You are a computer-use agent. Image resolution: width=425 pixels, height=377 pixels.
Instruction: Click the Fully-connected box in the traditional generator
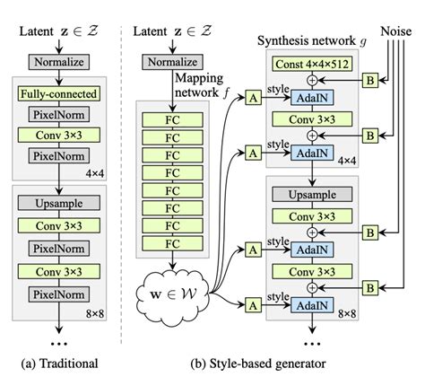[x=56, y=92]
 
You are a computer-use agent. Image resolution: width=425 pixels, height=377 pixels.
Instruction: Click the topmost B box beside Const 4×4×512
[x=370, y=79]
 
